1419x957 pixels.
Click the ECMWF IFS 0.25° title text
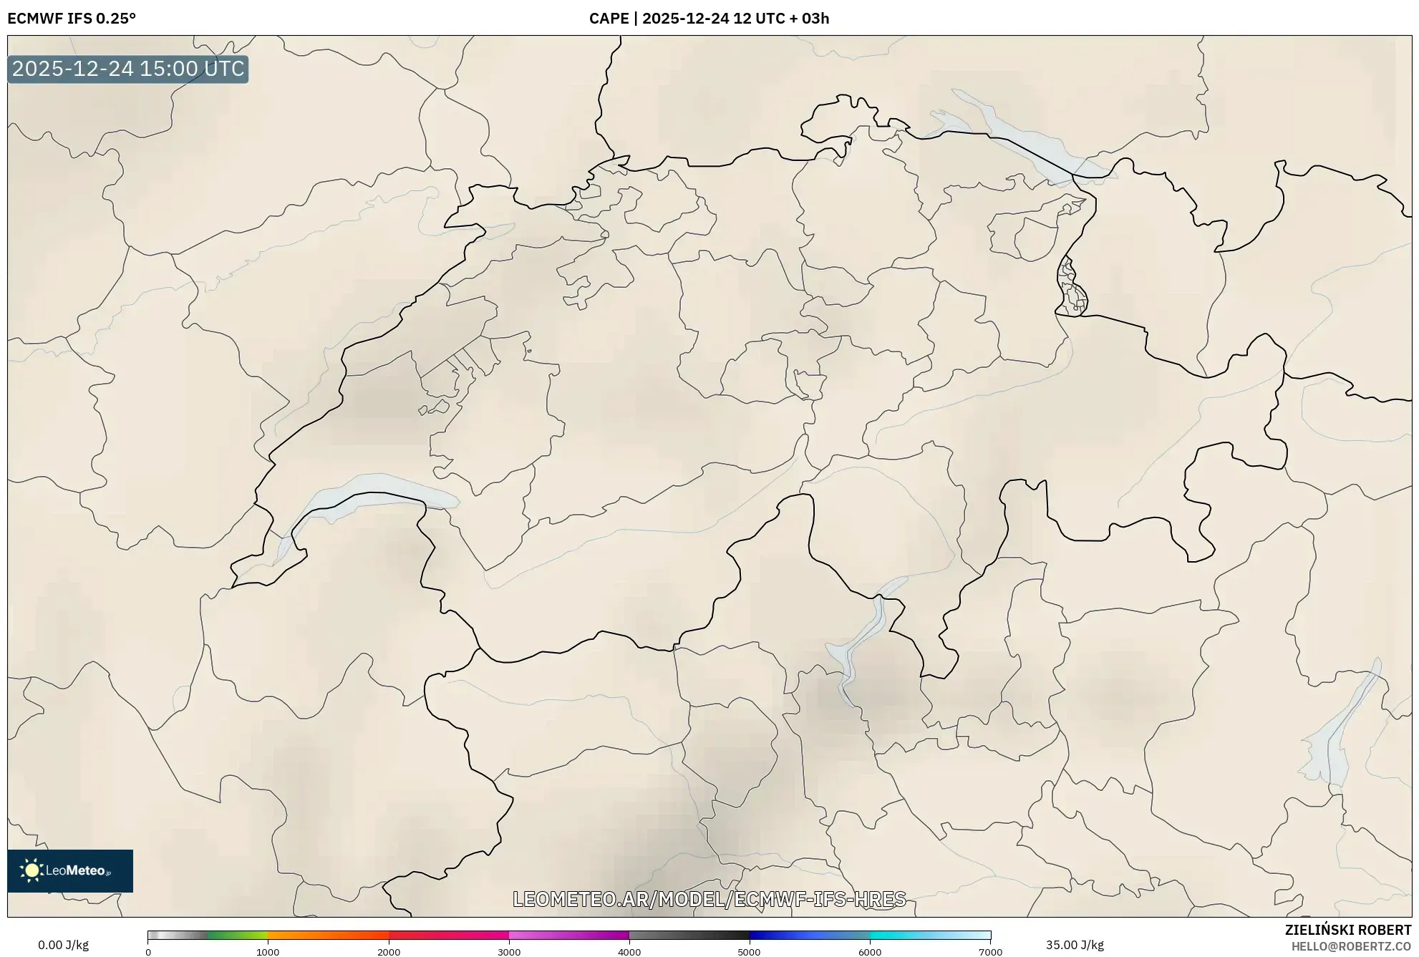[72, 19]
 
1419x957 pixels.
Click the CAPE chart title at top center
[709, 19]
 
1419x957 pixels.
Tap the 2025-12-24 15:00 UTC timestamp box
[128, 69]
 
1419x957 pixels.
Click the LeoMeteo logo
[70, 870]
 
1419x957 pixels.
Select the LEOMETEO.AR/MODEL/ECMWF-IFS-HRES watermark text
[709, 899]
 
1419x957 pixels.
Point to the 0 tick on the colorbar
[148, 952]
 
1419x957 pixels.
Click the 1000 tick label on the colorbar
[268, 952]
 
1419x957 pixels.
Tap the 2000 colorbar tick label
[389, 952]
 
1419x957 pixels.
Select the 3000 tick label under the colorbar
[509, 952]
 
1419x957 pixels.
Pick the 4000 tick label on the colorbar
[629, 952]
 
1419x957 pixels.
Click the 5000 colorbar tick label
[750, 952]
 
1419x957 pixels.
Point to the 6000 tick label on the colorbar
[870, 952]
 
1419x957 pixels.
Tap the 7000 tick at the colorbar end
[990, 952]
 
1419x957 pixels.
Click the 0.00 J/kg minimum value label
[63, 945]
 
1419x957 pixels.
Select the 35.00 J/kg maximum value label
[1075, 945]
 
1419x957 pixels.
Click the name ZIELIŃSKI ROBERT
[1348, 930]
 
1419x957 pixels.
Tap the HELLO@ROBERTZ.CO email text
[1351, 946]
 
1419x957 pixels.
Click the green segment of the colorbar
[236, 936]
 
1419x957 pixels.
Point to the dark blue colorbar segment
[780, 936]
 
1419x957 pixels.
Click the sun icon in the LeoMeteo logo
[32, 870]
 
